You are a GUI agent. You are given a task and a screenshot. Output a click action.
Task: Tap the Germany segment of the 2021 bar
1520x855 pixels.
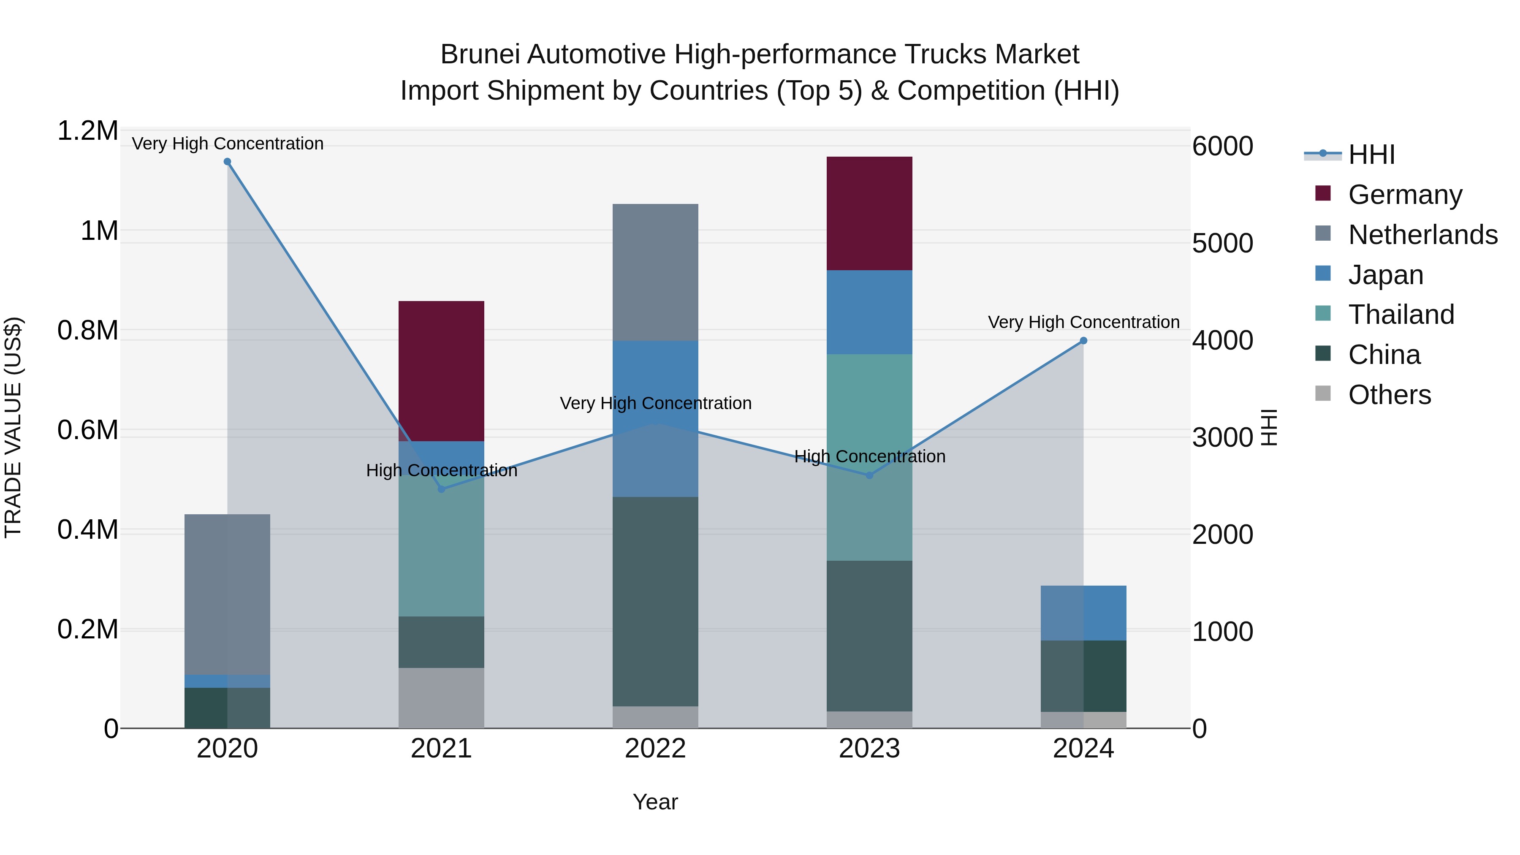[441, 371]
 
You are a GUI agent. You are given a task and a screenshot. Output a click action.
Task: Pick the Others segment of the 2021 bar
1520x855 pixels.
[441, 698]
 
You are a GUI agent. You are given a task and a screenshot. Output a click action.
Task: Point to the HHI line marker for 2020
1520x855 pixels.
[227, 162]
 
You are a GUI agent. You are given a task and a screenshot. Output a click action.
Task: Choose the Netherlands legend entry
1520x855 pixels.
[1422, 234]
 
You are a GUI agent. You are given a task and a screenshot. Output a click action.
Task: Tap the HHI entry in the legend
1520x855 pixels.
[1371, 155]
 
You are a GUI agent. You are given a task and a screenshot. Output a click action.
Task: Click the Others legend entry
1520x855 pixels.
[1389, 394]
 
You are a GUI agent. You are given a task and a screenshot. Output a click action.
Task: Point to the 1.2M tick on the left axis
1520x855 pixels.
[87, 131]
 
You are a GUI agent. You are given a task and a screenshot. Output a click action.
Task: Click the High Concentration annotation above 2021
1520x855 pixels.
[441, 470]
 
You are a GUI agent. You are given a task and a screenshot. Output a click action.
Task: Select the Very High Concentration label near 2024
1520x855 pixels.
[1083, 322]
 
